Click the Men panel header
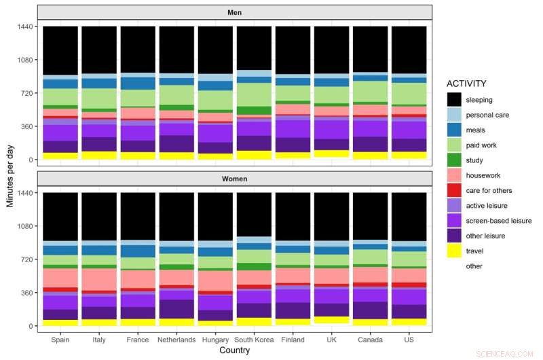tap(235, 12)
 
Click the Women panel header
tap(235, 179)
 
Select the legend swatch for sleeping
tap(455, 100)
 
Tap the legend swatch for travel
tap(455, 251)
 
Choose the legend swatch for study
tap(455, 160)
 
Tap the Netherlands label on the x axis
tap(177, 340)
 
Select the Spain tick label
tap(60, 340)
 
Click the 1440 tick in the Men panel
tap(25, 26)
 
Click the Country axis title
tap(235, 351)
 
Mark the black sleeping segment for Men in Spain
tap(60, 50)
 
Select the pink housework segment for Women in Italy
tap(99, 278)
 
